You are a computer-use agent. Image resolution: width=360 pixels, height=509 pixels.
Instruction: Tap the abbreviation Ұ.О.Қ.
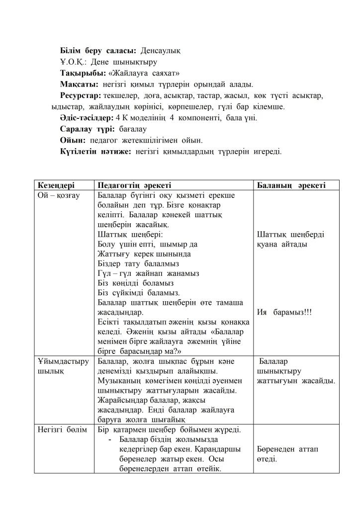[x=74, y=62]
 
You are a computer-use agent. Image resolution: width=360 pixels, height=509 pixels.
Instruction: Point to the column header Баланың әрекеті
[x=291, y=185]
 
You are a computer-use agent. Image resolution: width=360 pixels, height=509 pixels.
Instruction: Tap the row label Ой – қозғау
[x=58, y=195]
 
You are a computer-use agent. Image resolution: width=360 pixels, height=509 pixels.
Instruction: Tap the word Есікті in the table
[x=110, y=322]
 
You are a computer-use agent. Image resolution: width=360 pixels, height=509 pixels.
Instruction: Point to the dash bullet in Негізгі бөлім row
[x=109, y=440]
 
